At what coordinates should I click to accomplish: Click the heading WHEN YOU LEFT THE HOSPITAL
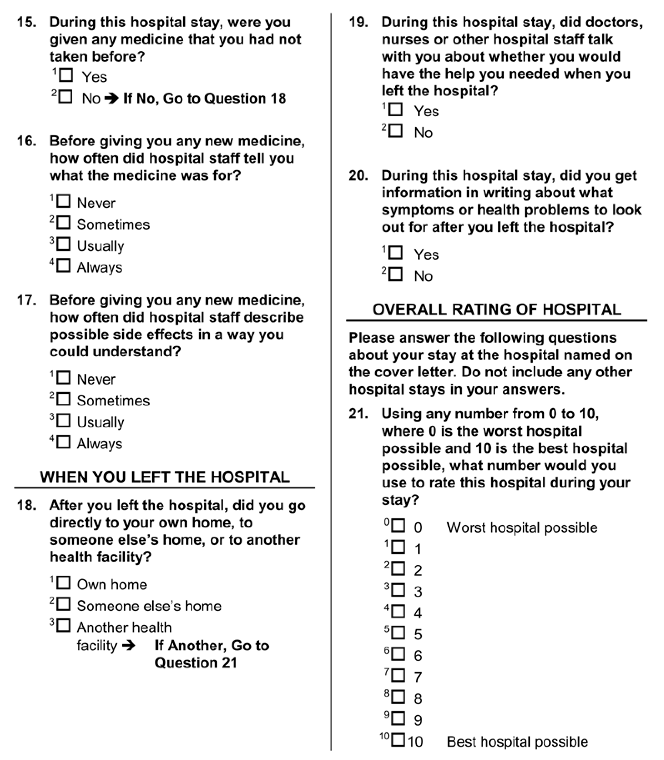click(165, 477)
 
